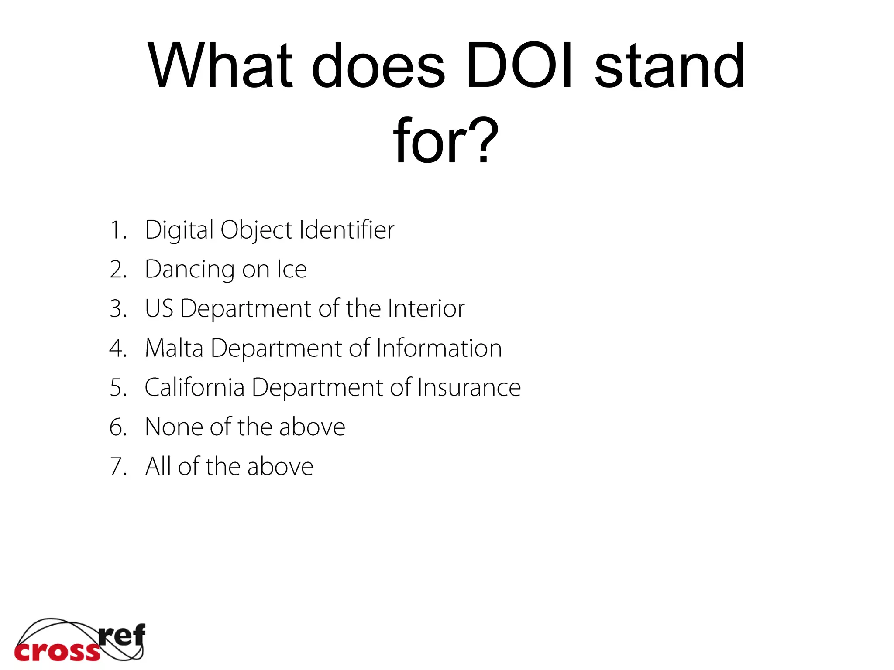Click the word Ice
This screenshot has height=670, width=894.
[x=292, y=269]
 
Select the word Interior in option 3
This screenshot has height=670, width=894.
[x=426, y=308]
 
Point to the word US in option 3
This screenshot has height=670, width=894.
[x=159, y=308]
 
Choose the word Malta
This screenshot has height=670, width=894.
[x=174, y=348]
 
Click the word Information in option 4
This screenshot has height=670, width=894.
[x=439, y=348]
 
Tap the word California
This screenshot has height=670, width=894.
[x=194, y=387]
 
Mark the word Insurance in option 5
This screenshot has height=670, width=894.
[x=469, y=387]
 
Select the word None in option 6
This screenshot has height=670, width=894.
[x=173, y=427]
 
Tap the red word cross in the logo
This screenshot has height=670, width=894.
[x=57, y=652]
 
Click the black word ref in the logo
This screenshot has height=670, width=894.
[x=122, y=635]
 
